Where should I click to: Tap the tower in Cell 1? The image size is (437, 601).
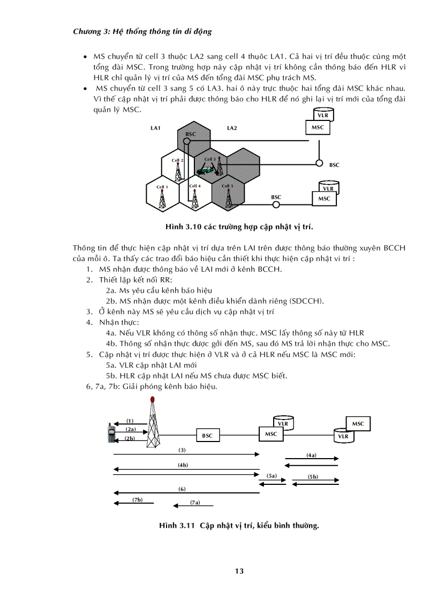[162, 199]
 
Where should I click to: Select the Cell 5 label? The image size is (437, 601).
[228, 186]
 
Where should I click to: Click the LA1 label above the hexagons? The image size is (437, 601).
[156, 128]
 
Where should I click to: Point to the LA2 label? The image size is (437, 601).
[232, 128]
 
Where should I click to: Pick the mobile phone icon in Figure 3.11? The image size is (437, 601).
[110, 432]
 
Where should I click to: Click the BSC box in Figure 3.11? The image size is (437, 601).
[207, 436]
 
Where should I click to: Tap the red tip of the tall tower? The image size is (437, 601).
[153, 399]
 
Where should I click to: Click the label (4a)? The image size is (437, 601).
[311, 455]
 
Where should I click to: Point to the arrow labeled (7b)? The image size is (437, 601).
[134, 503]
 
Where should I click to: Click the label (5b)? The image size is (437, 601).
[313, 476]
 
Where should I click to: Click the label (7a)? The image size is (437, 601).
[195, 503]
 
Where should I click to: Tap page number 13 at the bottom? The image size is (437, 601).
[239, 571]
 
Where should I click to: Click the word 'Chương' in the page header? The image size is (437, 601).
[86, 32]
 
